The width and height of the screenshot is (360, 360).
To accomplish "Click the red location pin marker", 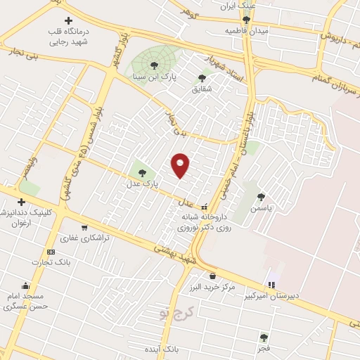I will pos(181,165).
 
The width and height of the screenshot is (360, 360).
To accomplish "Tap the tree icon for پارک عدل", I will pos(143,172).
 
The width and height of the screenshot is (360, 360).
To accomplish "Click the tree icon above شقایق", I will pos(202,79).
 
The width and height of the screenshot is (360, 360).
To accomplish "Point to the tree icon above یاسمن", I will pos(261,198).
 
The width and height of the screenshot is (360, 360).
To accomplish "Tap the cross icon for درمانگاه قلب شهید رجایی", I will pos(68,22).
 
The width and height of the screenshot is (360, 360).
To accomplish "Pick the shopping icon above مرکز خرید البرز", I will pos(212,276).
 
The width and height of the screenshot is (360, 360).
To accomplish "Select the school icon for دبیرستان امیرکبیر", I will pos(271,285).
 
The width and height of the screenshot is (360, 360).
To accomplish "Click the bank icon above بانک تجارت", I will pos(51,252).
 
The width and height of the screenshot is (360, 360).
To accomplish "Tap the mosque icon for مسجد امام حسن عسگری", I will pos(26,286).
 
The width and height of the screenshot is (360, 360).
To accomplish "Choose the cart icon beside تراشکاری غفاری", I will pos(84,227).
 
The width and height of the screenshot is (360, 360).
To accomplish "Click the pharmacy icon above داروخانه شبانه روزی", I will pos(204,207).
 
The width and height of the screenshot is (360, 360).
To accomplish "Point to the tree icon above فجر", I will pos(264,337).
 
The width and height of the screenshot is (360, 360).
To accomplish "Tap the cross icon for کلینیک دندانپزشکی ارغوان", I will pos(22,202).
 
